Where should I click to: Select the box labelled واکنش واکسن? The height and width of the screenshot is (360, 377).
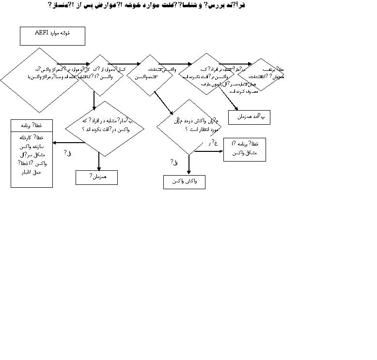coord(184,182)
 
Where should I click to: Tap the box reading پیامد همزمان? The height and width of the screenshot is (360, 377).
coord(252,117)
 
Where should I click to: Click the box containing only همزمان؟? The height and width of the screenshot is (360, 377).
coord(97,178)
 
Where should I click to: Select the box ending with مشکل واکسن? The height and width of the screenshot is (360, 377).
coord(245,149)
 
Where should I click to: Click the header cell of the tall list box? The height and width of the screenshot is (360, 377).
coord(32,125)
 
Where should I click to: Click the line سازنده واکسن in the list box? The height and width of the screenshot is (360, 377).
coord(32,146)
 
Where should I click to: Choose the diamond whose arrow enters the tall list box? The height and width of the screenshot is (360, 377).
coord(105,129)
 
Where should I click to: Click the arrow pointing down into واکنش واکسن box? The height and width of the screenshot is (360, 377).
coord(189,165)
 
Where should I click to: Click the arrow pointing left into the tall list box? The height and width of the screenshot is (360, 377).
coord(68,143)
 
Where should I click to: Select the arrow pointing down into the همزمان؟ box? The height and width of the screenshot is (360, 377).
coord(99,162)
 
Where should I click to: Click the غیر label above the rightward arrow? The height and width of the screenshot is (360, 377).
coord(213,143)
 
